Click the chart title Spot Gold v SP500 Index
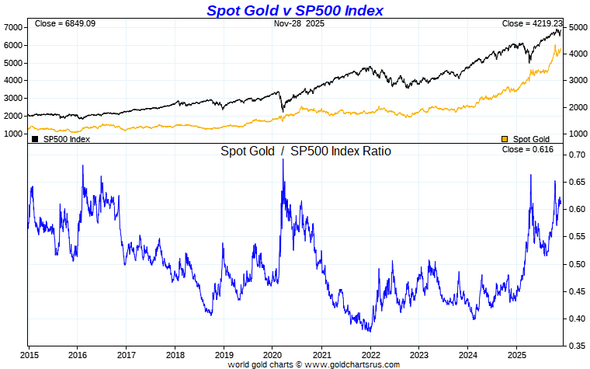point(294,10)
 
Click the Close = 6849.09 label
point(64,24)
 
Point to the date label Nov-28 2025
point(300,24)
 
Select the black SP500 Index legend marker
point(35,139)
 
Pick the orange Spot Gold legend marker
point(505,139)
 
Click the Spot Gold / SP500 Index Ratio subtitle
point(306,151)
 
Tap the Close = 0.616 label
point(528,148)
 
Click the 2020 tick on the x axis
point(272,353)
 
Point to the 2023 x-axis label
point(419,353)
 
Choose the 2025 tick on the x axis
point(517,353)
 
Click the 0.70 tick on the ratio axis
point(576,155)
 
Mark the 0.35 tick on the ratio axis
point(576,346)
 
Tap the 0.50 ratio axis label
point(576,264)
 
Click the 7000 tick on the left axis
point(13,27)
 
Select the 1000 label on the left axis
point(13,134)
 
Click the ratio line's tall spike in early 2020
point(283,162)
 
